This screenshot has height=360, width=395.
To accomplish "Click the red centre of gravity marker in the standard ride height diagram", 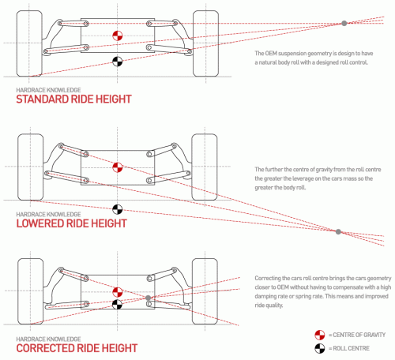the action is coord(118,36).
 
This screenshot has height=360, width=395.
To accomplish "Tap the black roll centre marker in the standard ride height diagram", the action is coord(118,62).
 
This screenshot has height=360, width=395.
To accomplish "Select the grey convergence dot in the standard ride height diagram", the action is coord(344,23).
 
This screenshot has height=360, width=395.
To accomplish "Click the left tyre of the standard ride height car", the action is coord(29,43).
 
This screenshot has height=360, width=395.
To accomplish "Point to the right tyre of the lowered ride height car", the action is coord(205,167).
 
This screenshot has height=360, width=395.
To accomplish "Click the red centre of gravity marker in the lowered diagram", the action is coord(118,167).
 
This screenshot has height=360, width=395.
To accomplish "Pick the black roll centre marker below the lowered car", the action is coord(118,209).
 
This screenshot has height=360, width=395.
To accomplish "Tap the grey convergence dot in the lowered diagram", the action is coord(338,232).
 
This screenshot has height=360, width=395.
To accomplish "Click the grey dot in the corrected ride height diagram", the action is coord(149,298).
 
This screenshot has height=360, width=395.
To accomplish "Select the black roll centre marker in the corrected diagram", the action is coord(118,305).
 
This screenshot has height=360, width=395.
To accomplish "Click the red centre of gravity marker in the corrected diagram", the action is coord(118,292).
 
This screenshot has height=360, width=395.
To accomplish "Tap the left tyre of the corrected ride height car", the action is coord(31,291).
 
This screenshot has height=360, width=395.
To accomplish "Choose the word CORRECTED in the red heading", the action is coord(44,348).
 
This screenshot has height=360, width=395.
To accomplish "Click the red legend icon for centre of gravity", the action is coord(320,335).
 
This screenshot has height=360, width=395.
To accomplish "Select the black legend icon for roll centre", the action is coord(320,348).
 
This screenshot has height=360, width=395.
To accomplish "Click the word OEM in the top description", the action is coord(271,54).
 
